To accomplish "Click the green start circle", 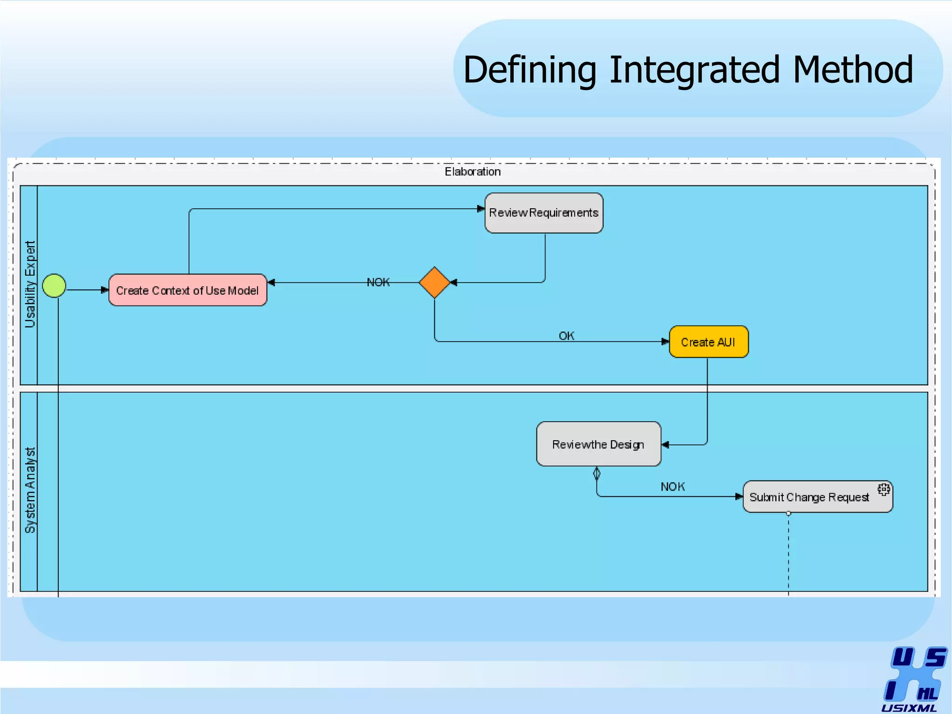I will (54, 285).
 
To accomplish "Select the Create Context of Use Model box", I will (187, 290).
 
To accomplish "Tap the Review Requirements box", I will (543, 213).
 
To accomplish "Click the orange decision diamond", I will (434, 283).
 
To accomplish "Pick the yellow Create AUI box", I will (708, 342).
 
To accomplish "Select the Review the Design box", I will (598, 444).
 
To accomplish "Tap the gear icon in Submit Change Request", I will (884, 489).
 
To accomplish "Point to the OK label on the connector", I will (566, 336).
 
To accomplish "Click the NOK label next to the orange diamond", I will (378, 282).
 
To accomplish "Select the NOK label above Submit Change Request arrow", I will (672, 487).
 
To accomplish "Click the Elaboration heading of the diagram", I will (472, 172).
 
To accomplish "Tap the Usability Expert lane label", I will (30, 284).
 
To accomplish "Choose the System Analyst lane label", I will (30, 490).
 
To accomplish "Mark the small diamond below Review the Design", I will (597, 474).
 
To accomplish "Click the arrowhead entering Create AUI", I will (665, 342).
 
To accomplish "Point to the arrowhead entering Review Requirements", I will (481, 209).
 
